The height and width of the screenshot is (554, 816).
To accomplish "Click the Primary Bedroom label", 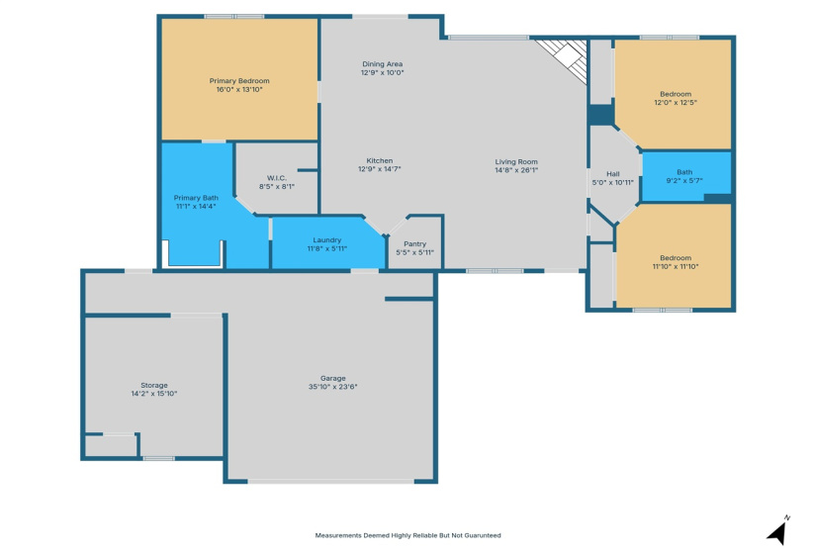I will pos(238,81).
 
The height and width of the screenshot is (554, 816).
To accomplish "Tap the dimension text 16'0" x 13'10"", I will pos(238,90).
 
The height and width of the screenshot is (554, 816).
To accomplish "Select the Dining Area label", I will pos(382,64).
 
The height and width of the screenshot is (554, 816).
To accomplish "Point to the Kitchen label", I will pos(380,160).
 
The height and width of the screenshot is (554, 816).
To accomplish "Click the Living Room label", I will pos(516,161).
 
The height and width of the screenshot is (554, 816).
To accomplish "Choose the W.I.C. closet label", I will pos(276,178).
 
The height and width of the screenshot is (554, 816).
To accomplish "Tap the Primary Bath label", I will pos(196,198).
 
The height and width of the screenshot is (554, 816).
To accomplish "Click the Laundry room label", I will pos(326,240).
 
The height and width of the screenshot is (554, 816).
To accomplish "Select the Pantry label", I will pos(414,244).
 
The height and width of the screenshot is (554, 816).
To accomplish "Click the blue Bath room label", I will pos(684,172).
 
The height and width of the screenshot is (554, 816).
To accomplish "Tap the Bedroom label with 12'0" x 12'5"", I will pos(676,94).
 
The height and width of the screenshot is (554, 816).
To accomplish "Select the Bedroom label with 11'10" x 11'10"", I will pos(676,257).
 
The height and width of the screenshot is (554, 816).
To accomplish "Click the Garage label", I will pos(332,378).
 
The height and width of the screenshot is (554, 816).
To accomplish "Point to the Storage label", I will pos(153,385).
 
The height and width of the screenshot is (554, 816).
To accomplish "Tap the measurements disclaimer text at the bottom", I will pos(408,535).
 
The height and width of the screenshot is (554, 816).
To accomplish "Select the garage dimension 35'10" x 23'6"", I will pos(332,387).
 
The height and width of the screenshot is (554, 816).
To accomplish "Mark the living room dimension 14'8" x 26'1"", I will pos(516,170).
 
